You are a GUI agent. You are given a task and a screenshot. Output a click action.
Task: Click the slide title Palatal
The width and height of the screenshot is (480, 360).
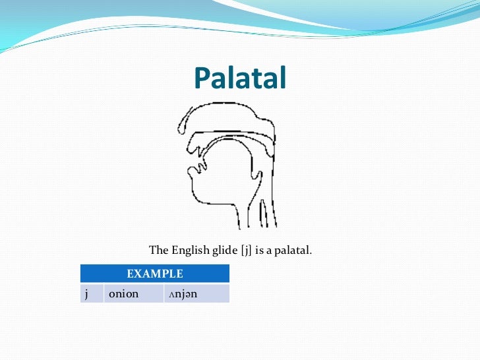(x=240, y=78)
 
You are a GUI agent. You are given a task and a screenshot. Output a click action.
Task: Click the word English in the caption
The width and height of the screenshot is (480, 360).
(x=190, y=251)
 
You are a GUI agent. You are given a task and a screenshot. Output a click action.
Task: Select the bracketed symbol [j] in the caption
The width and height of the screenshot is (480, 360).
(x=247, y=251)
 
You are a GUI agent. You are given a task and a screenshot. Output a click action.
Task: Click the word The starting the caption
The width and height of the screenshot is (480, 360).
(x=159, y=251)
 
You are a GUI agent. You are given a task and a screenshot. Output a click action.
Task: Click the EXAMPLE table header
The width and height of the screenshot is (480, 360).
(x=154, y=273)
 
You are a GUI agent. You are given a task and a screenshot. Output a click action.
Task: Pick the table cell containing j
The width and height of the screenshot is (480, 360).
(x=92, y=293)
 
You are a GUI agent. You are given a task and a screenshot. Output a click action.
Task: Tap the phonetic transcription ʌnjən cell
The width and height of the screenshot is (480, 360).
(x=195, y=293)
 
